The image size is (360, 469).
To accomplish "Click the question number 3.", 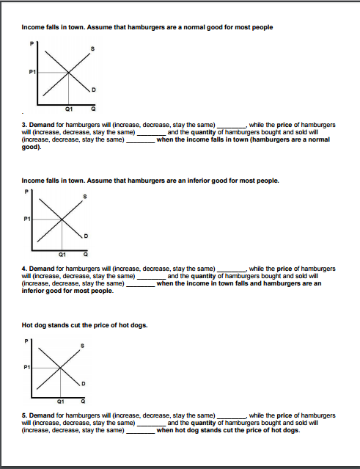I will tap(24, 126).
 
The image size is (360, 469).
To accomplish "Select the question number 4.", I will tap(24, 269).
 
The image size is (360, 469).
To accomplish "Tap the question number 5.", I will tap(24, 415).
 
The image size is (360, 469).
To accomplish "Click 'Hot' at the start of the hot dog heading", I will tap(28, 324).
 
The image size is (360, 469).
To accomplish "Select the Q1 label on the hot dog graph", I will tap(62, 401).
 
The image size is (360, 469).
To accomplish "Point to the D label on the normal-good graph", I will tap(92, 90).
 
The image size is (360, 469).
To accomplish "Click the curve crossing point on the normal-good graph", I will tap(68, 73).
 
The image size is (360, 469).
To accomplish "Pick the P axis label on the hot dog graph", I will tap(27, 340).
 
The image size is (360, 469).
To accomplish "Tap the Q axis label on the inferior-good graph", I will tap(86, 254).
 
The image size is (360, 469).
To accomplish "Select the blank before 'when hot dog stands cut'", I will tap(140, 430).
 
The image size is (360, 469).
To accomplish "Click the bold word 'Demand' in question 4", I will tap(41, 269).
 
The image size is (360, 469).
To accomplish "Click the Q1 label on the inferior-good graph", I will tap(62, 254).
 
